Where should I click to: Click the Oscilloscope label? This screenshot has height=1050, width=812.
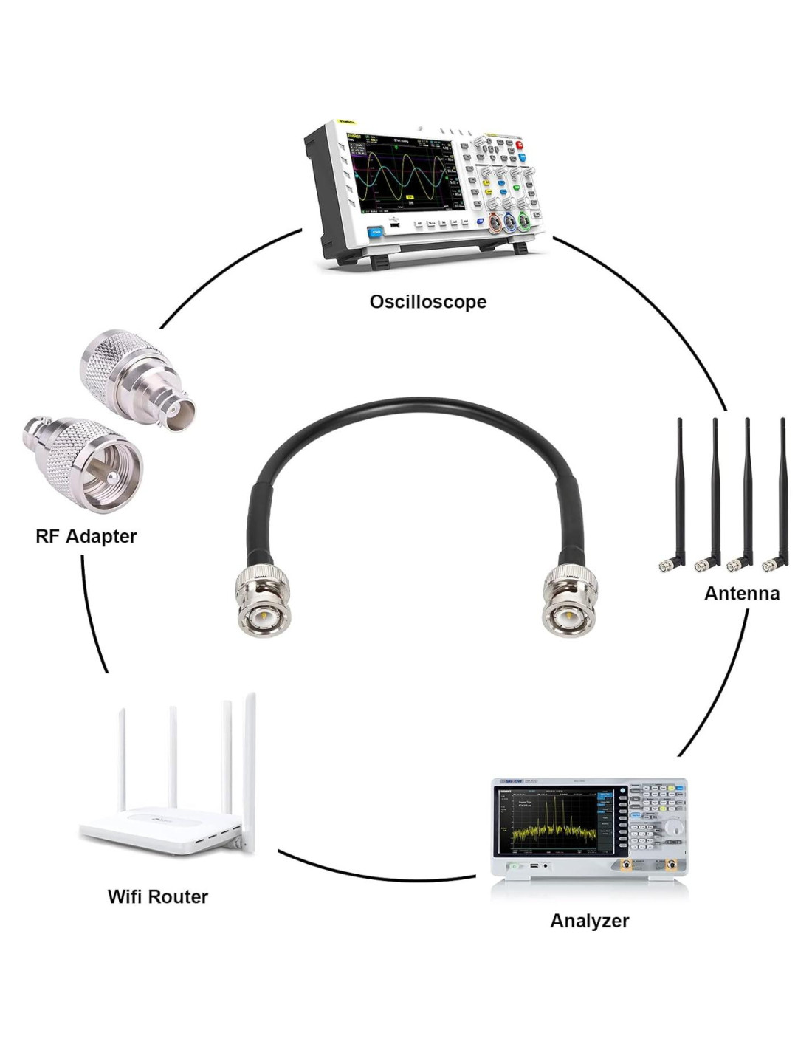pos(427,301)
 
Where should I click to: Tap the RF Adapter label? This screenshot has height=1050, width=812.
pos(86,536)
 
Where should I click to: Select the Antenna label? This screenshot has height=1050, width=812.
pos(741,593)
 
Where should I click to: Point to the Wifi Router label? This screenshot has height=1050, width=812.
pos(157,896)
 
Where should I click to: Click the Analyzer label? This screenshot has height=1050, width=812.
pos(589,921)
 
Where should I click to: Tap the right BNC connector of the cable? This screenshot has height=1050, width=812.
pos(569,602)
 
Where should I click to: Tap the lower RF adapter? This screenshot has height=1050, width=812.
pos(85,461)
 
